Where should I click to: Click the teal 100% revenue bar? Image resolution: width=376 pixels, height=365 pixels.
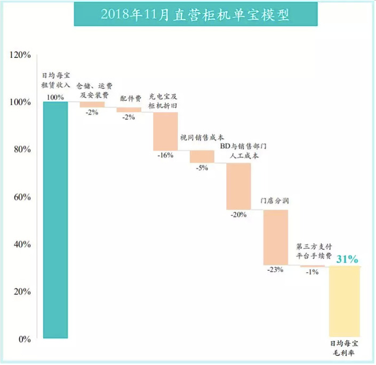[55, 219]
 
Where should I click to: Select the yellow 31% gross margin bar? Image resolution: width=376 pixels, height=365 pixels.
[345, 302]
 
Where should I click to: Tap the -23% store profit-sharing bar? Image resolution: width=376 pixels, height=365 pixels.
[275, 237]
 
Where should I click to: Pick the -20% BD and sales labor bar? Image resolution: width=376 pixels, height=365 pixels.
[239, 186]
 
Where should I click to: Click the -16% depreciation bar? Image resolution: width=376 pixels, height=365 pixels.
[165, 131]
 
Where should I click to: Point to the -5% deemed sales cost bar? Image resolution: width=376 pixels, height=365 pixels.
[202, 156]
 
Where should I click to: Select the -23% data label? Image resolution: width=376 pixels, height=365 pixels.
[275, 270]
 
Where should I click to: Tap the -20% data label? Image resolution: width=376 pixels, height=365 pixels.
[239, 215]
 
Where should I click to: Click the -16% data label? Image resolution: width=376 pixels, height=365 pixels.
[166, 156]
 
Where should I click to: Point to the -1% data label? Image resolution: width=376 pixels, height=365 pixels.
[312, 272]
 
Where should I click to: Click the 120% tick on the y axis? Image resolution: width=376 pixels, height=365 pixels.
[20, 55]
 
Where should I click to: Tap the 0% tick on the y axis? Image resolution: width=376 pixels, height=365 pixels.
[24, 339]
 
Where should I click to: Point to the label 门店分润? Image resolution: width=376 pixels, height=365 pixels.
[275, 201]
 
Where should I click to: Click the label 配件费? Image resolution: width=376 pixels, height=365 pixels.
[129, 98]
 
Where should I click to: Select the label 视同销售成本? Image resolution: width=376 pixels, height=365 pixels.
[202, 138]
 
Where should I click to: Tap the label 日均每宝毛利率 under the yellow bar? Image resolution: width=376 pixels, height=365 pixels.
[345, 349]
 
